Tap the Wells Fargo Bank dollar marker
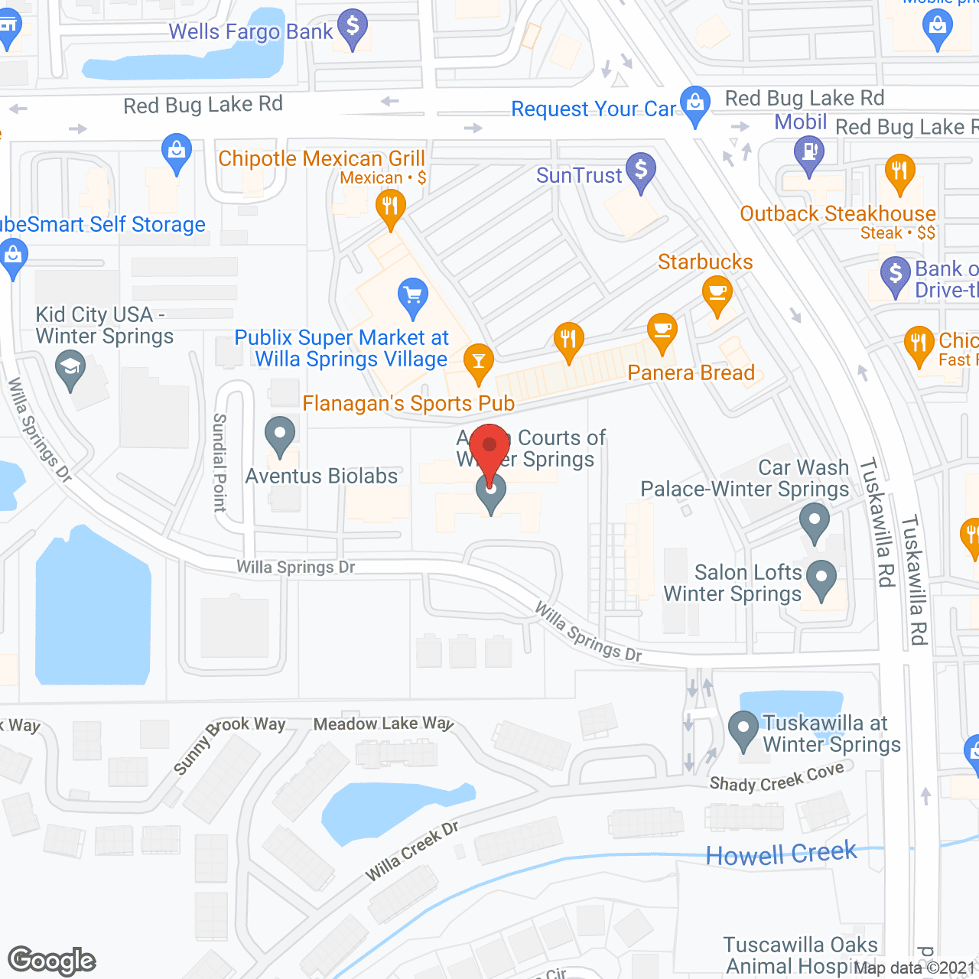pos(353,28)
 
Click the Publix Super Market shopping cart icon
pos(413,295)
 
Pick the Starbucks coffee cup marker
pos(717,294)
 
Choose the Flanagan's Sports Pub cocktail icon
pos(479,360)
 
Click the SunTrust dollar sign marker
pos(641,169)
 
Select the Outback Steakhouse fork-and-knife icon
pos(900,171)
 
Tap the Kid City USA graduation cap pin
pos(70,368)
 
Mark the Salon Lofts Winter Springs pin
pos(821,579)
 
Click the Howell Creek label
pos(781,854)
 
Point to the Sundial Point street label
pos(220,462)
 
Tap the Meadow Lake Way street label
pos(383,724)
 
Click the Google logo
pos(52,961)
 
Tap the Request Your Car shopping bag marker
pos(695,104)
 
